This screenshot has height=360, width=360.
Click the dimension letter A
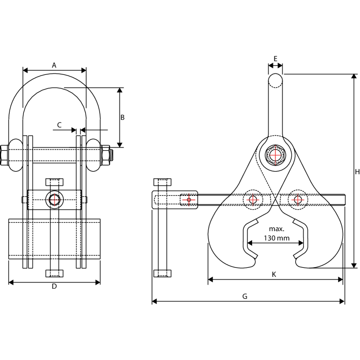pyautogui.click(x=54, y=65)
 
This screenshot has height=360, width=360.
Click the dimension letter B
pyautogui.click(x=122, y=117)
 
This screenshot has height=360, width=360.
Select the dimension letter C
pyautogui.click(x=60, y=125)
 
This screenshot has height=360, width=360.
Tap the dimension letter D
pyautogui.click(x=54, y=286)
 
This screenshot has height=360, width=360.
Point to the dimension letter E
pyautogui.click(x=275, y=58)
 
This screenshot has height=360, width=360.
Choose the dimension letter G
pyautogui.click(x=244, y=296)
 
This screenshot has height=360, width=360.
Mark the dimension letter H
pyautogui.click(x=357, y=172)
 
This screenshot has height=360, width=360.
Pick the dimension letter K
pyautogui.click(x=274, y=274)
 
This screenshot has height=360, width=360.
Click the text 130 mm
pyautogui.click(x=276, y=238)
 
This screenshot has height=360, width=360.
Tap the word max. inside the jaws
pyautogui.click(x=276, y=229)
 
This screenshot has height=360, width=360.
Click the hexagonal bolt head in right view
pyautogui.click(x=275, y=155)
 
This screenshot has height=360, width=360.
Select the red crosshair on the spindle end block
pyautogui.click(x=189, y=199)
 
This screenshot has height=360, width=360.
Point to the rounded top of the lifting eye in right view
pyautogui.click(x=275, y=80)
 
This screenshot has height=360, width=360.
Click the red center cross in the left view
pyautogui.click(x=54, y=199)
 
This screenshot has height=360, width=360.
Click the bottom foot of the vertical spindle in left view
pyautogui.click(x=54, y=273)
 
